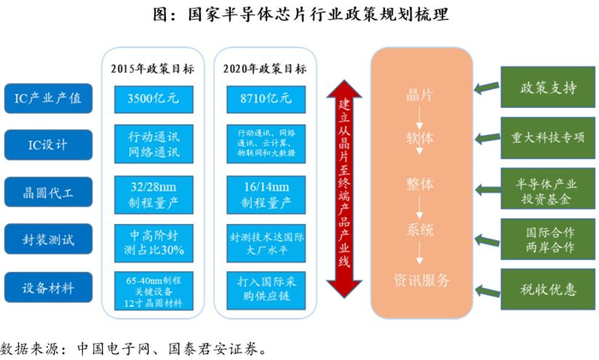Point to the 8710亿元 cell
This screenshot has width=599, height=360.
click(264, 98)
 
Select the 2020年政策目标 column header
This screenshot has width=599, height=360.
click(264, 68)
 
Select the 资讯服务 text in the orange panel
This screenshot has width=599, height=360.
click(420, 280)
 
